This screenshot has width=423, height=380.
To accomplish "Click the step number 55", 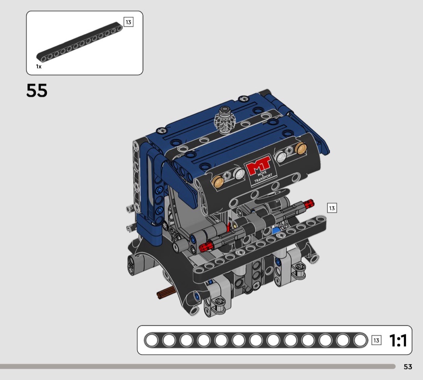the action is (x=37, y=90).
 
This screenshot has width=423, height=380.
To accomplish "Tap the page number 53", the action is (x=408, y=367).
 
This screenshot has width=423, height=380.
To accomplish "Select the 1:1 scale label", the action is (x=398, y=340).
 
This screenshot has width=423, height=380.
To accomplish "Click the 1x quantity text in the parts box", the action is (x=39, y=67).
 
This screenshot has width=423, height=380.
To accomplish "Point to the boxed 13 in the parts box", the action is (x=129, y=22).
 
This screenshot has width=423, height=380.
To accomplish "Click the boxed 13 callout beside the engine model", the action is (x=332, y=208).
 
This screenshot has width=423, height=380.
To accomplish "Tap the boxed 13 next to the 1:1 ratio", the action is (x=376, y=340).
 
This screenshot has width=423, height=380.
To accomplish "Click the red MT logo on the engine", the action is (x=258, y=165).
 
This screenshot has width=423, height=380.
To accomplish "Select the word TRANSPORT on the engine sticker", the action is (x=263, y=177).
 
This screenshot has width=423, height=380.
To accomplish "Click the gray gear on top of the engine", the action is (x=225, y=120).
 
